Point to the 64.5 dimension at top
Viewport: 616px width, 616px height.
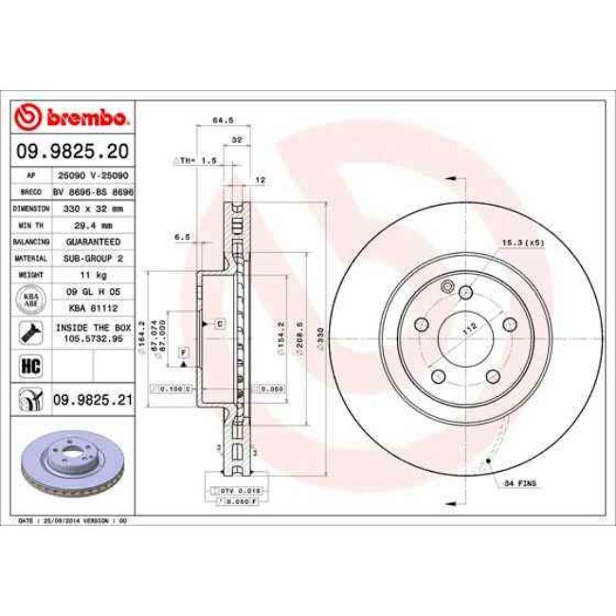[x=222, y=120]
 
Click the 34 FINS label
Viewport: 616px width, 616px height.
[x=520, y=484]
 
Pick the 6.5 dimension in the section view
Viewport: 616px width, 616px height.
[x=184, y=237]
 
